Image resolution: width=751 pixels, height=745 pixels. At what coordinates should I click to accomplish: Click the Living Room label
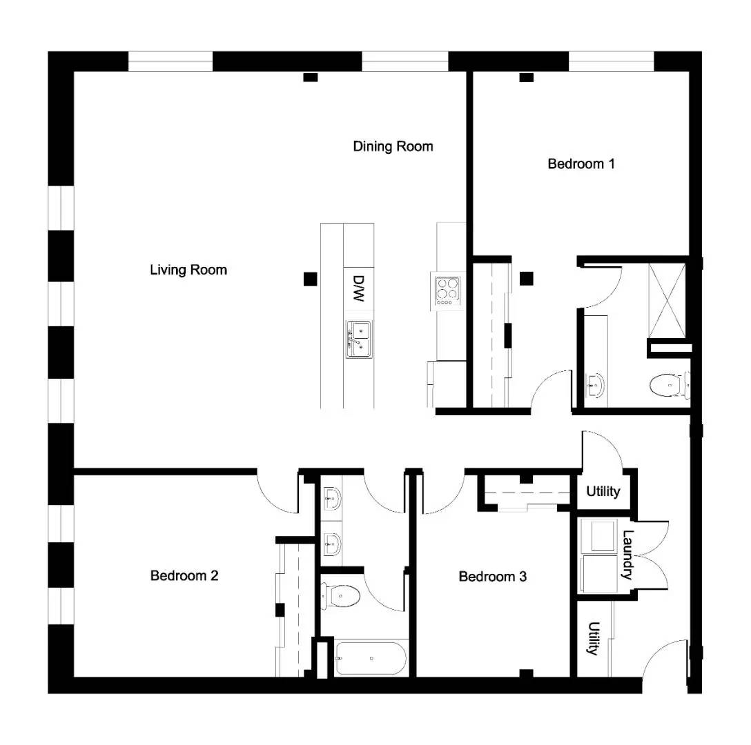[188, 270]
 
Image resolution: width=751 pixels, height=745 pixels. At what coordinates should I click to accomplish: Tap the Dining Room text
[393, 146]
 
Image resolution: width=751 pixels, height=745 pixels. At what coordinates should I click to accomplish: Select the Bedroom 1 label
[581, 164]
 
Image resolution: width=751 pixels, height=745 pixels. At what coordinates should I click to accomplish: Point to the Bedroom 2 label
[184, 575]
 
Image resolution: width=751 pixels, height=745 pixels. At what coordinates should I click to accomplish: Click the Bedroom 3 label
[492, 576]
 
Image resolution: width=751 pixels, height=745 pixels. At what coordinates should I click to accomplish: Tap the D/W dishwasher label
[358, 288]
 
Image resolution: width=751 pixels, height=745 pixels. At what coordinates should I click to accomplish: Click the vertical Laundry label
[628, 555]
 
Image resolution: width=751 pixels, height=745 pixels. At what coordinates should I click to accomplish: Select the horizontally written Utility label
[603, 492]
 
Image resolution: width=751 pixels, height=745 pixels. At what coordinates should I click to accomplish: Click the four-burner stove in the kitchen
[446, 289]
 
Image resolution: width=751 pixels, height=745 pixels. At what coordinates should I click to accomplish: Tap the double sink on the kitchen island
[358, 339]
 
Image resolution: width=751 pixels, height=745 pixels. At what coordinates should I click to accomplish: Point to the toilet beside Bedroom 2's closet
[341, 595]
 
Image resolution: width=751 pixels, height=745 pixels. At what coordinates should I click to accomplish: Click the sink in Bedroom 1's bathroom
[594, 385]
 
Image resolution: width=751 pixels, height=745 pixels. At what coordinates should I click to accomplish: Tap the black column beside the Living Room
[310, 279]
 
